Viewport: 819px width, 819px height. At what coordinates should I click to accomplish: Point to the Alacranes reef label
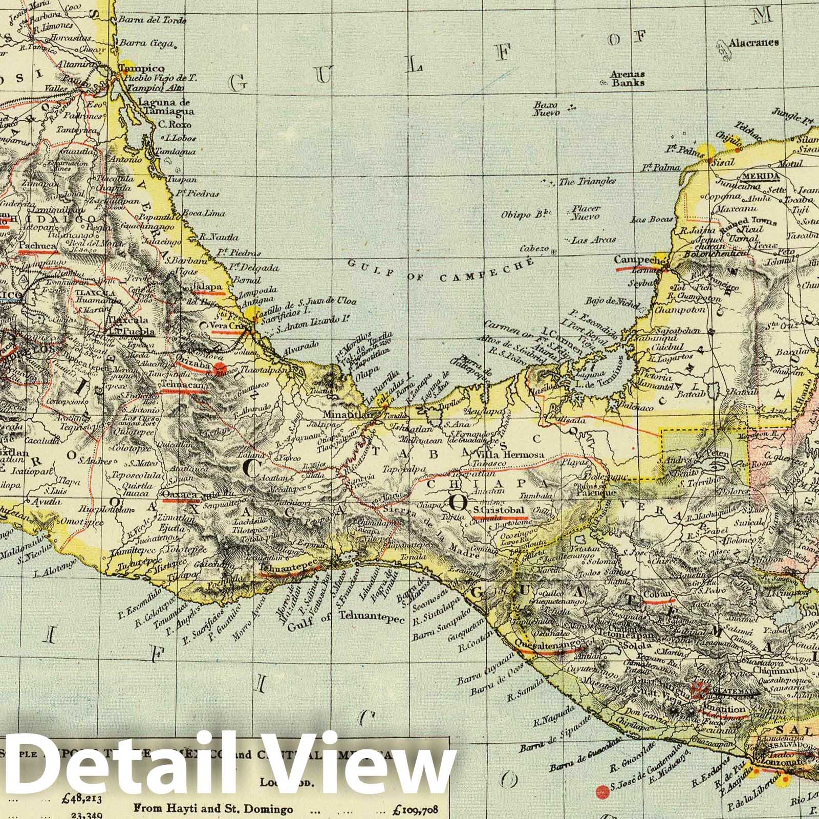755,42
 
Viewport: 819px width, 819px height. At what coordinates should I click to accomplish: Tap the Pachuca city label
37,246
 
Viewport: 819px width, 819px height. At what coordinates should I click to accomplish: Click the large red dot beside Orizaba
221,368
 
